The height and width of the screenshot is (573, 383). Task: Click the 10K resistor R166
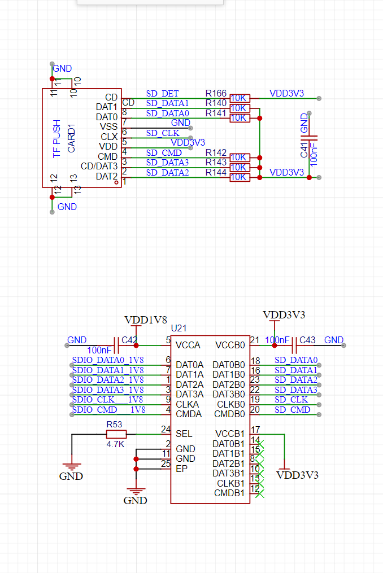(240, 98)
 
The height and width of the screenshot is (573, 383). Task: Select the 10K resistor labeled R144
(240, 177)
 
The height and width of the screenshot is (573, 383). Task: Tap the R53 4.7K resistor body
(116, 434)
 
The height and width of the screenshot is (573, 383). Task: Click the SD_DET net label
(163, 94)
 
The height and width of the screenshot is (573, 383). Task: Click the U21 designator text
(179, 328)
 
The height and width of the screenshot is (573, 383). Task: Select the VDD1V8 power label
(146, 320)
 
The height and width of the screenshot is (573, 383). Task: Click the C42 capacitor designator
(129, 340)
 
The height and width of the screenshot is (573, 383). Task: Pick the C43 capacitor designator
(307, 340)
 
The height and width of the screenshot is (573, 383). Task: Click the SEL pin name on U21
(184, 434)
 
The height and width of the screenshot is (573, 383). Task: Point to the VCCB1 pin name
(230, 434)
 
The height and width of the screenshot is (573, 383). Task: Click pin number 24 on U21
(166, 430)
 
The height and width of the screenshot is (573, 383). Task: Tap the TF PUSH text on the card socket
(56, 138)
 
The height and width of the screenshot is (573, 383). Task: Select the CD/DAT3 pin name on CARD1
(99, 167)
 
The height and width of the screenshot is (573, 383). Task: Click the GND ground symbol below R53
(71, 471)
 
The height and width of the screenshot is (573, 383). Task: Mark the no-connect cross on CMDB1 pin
(259, 493)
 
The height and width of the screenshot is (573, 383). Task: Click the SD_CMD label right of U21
(292, 410)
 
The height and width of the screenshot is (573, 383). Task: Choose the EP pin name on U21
(181, 469)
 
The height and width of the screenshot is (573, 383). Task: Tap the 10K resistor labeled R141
(240, 118)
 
